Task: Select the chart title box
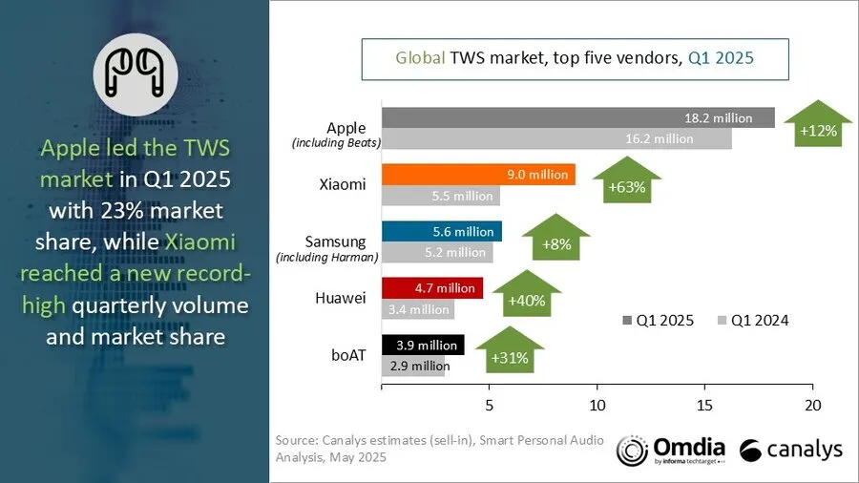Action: point(574,58)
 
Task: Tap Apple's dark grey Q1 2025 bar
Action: point(578,117)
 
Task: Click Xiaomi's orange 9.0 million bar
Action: point(477,174)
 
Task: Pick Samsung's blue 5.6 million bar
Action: point(441,231)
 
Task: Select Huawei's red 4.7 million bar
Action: point(431,287)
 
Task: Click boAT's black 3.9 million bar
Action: point(422,344)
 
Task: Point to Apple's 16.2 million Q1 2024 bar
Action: point(555,138)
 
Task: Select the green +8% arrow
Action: point(555,240)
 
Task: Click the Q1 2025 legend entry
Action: point(659,320)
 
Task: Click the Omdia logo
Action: point(671,450)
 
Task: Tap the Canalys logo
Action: point(790,450)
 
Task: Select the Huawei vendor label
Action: point(340,298)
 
